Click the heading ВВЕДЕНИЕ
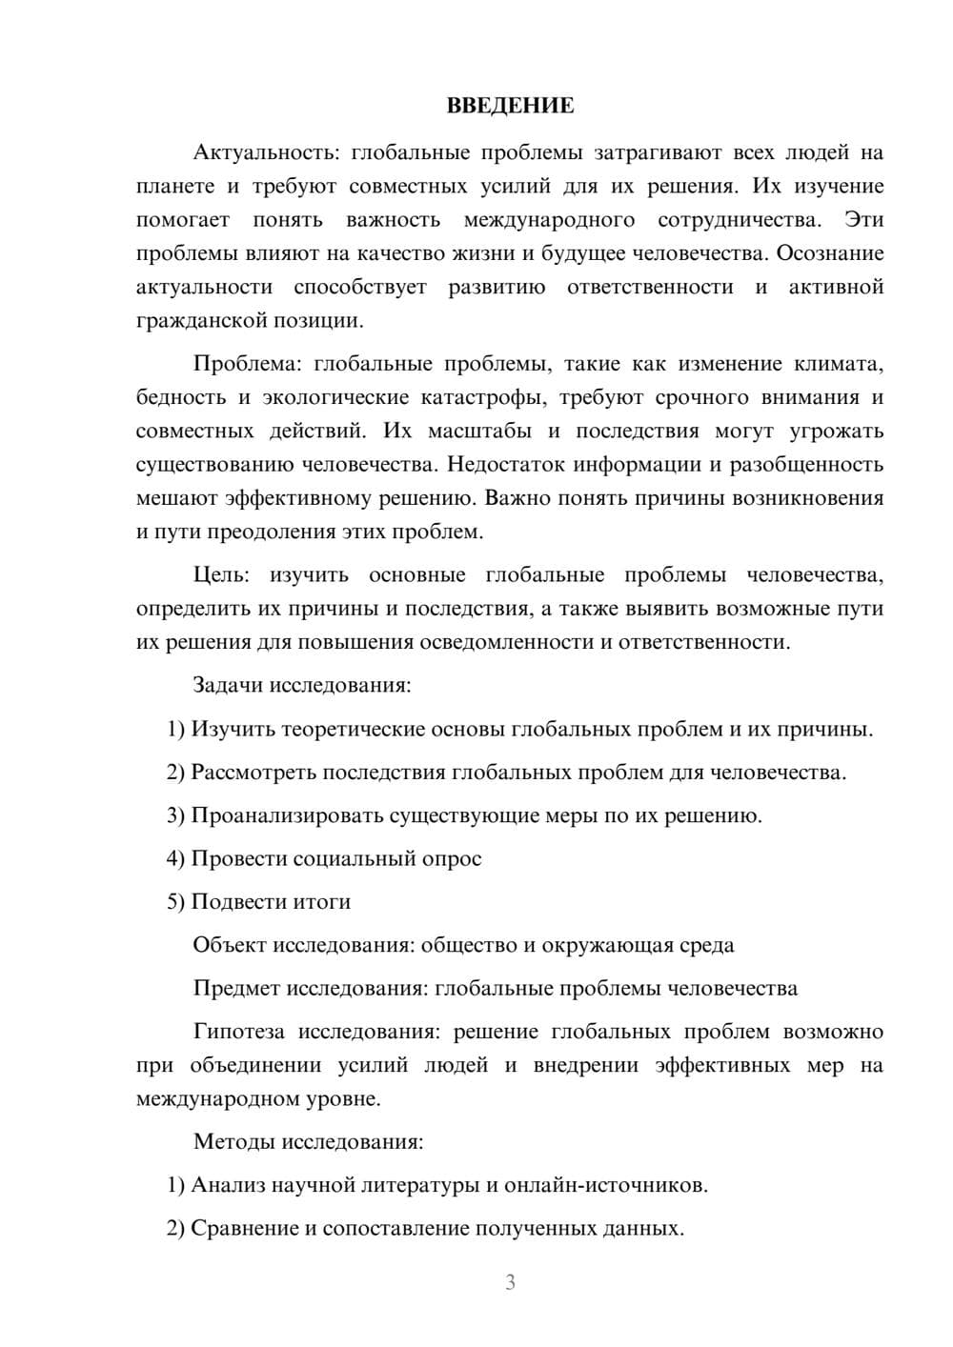point(510,106)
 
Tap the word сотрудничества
point(739,220)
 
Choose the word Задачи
point(229,686)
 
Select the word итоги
point(322,902)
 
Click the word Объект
point(230,946)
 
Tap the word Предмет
point(236,989)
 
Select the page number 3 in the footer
point(510,1283)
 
